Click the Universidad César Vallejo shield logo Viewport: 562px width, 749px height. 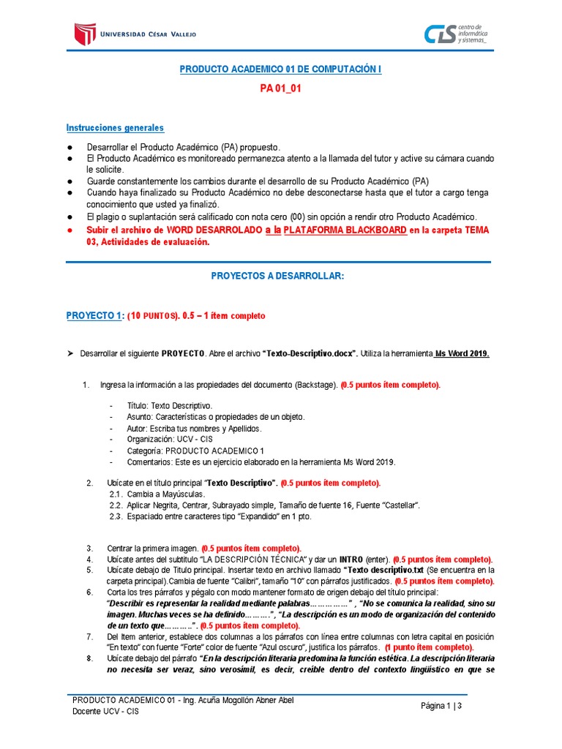pyautogui.click(x=86, y=33)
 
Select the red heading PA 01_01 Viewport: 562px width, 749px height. pyautogui.click(x=280, y=89)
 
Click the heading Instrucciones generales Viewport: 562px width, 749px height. pyautogui.click(x=115, y=128)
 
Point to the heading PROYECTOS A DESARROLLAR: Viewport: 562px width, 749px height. pyautogui.click(x=277, y=276)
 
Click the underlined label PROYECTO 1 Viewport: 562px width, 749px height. pyautogui.click(x=94, y=315)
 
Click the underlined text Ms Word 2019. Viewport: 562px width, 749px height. pyautogui.click(x=462, y=353)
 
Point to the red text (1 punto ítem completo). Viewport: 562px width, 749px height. pyautogui.click(x=429, y=647)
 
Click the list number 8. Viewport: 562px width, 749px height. pyautogui.click(x=89, y=658)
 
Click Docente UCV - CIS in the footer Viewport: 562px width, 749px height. pyautogui.click(x=105, y=711)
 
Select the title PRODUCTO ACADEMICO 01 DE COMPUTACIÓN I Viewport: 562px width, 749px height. pyautogui.click(x=280, y=69)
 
